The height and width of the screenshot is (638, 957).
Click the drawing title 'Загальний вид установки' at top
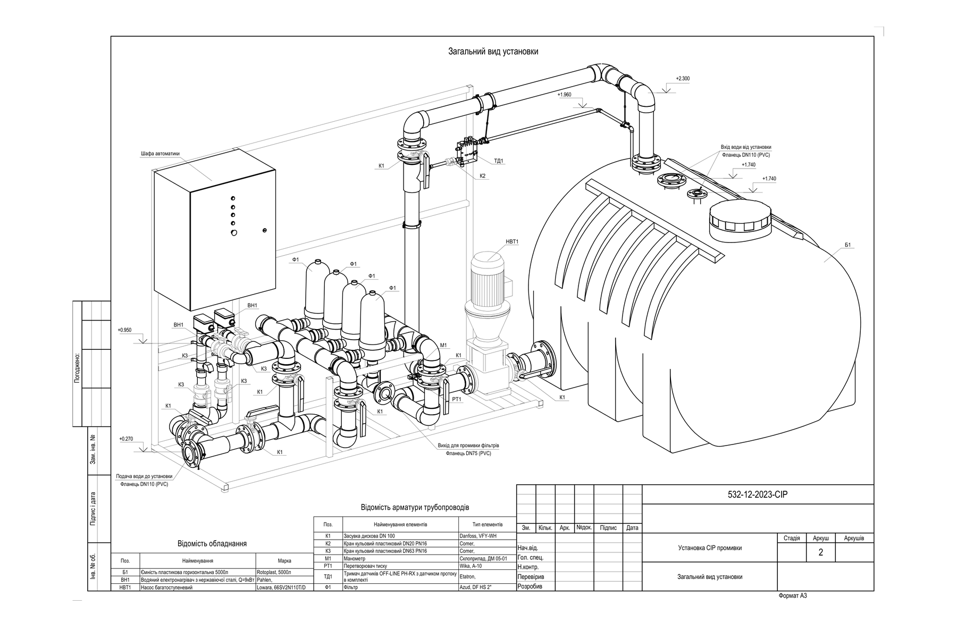tap(493, 52)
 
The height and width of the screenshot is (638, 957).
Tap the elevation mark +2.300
tap(683, 79)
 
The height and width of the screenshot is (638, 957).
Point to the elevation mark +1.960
tap(564, 95)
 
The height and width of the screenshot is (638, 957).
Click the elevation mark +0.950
tap(124, 330)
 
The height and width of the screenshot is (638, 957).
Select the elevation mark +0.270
tap(126, 439)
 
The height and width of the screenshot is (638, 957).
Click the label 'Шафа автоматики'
tap(160, 154)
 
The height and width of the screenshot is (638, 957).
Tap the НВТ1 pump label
tap(511, 242)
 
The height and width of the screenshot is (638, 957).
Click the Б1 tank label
tap(848, 245)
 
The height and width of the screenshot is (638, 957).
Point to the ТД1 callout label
tap(498, 161)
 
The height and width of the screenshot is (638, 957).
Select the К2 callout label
tap(482, 175)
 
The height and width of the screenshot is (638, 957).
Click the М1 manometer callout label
tap(443, 345)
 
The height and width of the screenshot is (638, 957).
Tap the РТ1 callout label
tap(456, 399)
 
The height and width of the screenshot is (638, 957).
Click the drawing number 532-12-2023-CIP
tap(758, 494)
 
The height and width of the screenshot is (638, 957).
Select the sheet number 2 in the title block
tap(821, 552)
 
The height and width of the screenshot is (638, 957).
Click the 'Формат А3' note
tap(792, 596)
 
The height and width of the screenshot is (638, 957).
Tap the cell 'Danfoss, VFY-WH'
tap(479, 536)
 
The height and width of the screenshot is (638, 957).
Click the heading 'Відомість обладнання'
tap(212, 544)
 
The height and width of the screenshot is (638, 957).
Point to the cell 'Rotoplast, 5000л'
tap(274, 572)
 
